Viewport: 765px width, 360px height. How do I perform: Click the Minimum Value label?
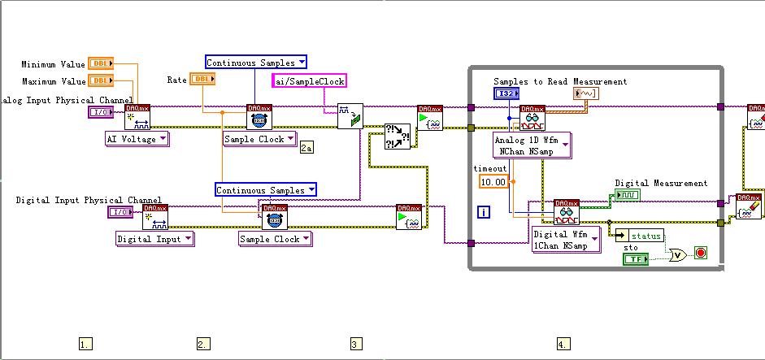[54, 64]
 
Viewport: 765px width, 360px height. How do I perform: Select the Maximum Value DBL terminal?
[100, 80]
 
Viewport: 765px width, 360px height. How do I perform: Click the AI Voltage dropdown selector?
[137, 139]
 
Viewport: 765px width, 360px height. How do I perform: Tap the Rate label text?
[176, 79]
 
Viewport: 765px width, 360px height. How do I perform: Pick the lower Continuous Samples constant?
[266, 190]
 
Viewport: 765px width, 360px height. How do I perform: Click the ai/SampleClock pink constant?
[309, 80]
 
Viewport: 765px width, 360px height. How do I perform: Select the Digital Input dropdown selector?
[154, 239]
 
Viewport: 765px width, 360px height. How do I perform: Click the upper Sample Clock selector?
[259, 139]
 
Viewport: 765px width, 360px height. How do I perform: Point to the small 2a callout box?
[306, 147]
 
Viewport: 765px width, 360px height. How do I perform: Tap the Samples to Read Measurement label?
[560, 81]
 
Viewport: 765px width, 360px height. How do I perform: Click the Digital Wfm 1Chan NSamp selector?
[565, 239]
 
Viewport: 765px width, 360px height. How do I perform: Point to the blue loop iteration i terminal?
[484, 212]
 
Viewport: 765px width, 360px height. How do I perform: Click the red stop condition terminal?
[701, 254]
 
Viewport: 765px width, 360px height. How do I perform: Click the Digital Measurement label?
[661, 184]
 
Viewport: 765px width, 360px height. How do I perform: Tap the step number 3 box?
[356, 344]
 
